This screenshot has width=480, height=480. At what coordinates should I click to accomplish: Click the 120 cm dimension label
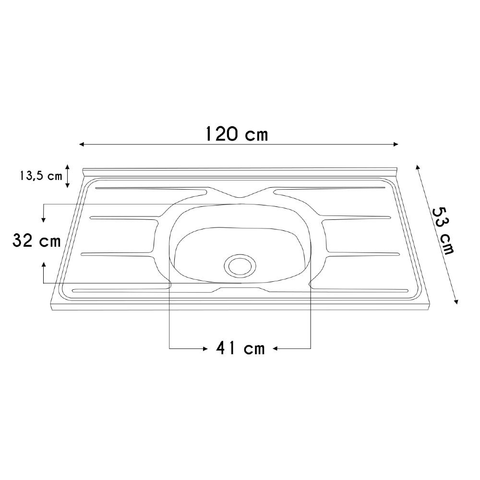[x=236, y=133]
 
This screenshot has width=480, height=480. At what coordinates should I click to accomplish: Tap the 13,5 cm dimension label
[x=41, y=176]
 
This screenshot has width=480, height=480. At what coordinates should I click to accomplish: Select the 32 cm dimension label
[x=36, y=241]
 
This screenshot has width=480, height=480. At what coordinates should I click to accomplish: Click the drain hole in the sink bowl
[x=240, y=265]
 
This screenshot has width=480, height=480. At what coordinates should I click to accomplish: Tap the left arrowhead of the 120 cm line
[x=82, y=144]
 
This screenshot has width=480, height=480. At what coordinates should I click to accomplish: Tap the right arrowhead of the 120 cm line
[x=396, y=144]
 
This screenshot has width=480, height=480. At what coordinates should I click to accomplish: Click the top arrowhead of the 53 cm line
[x=417, y=167]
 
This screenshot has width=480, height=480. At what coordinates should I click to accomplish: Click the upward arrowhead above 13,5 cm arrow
[x=68, y=166]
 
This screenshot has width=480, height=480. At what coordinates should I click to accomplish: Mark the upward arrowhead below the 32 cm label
[x=44, y=264]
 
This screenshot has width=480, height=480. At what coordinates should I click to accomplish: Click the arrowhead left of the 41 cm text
[x=204, y=348]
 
